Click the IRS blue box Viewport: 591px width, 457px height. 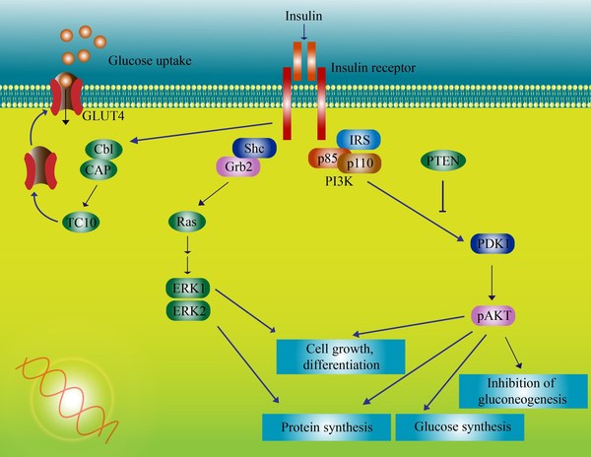click(x=360, y=140)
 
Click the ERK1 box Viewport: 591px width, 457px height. click(x=188, y=290)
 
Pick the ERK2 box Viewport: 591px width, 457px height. click(x=188, y=312)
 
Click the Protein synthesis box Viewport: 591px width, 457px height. click(x=324, y=426)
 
